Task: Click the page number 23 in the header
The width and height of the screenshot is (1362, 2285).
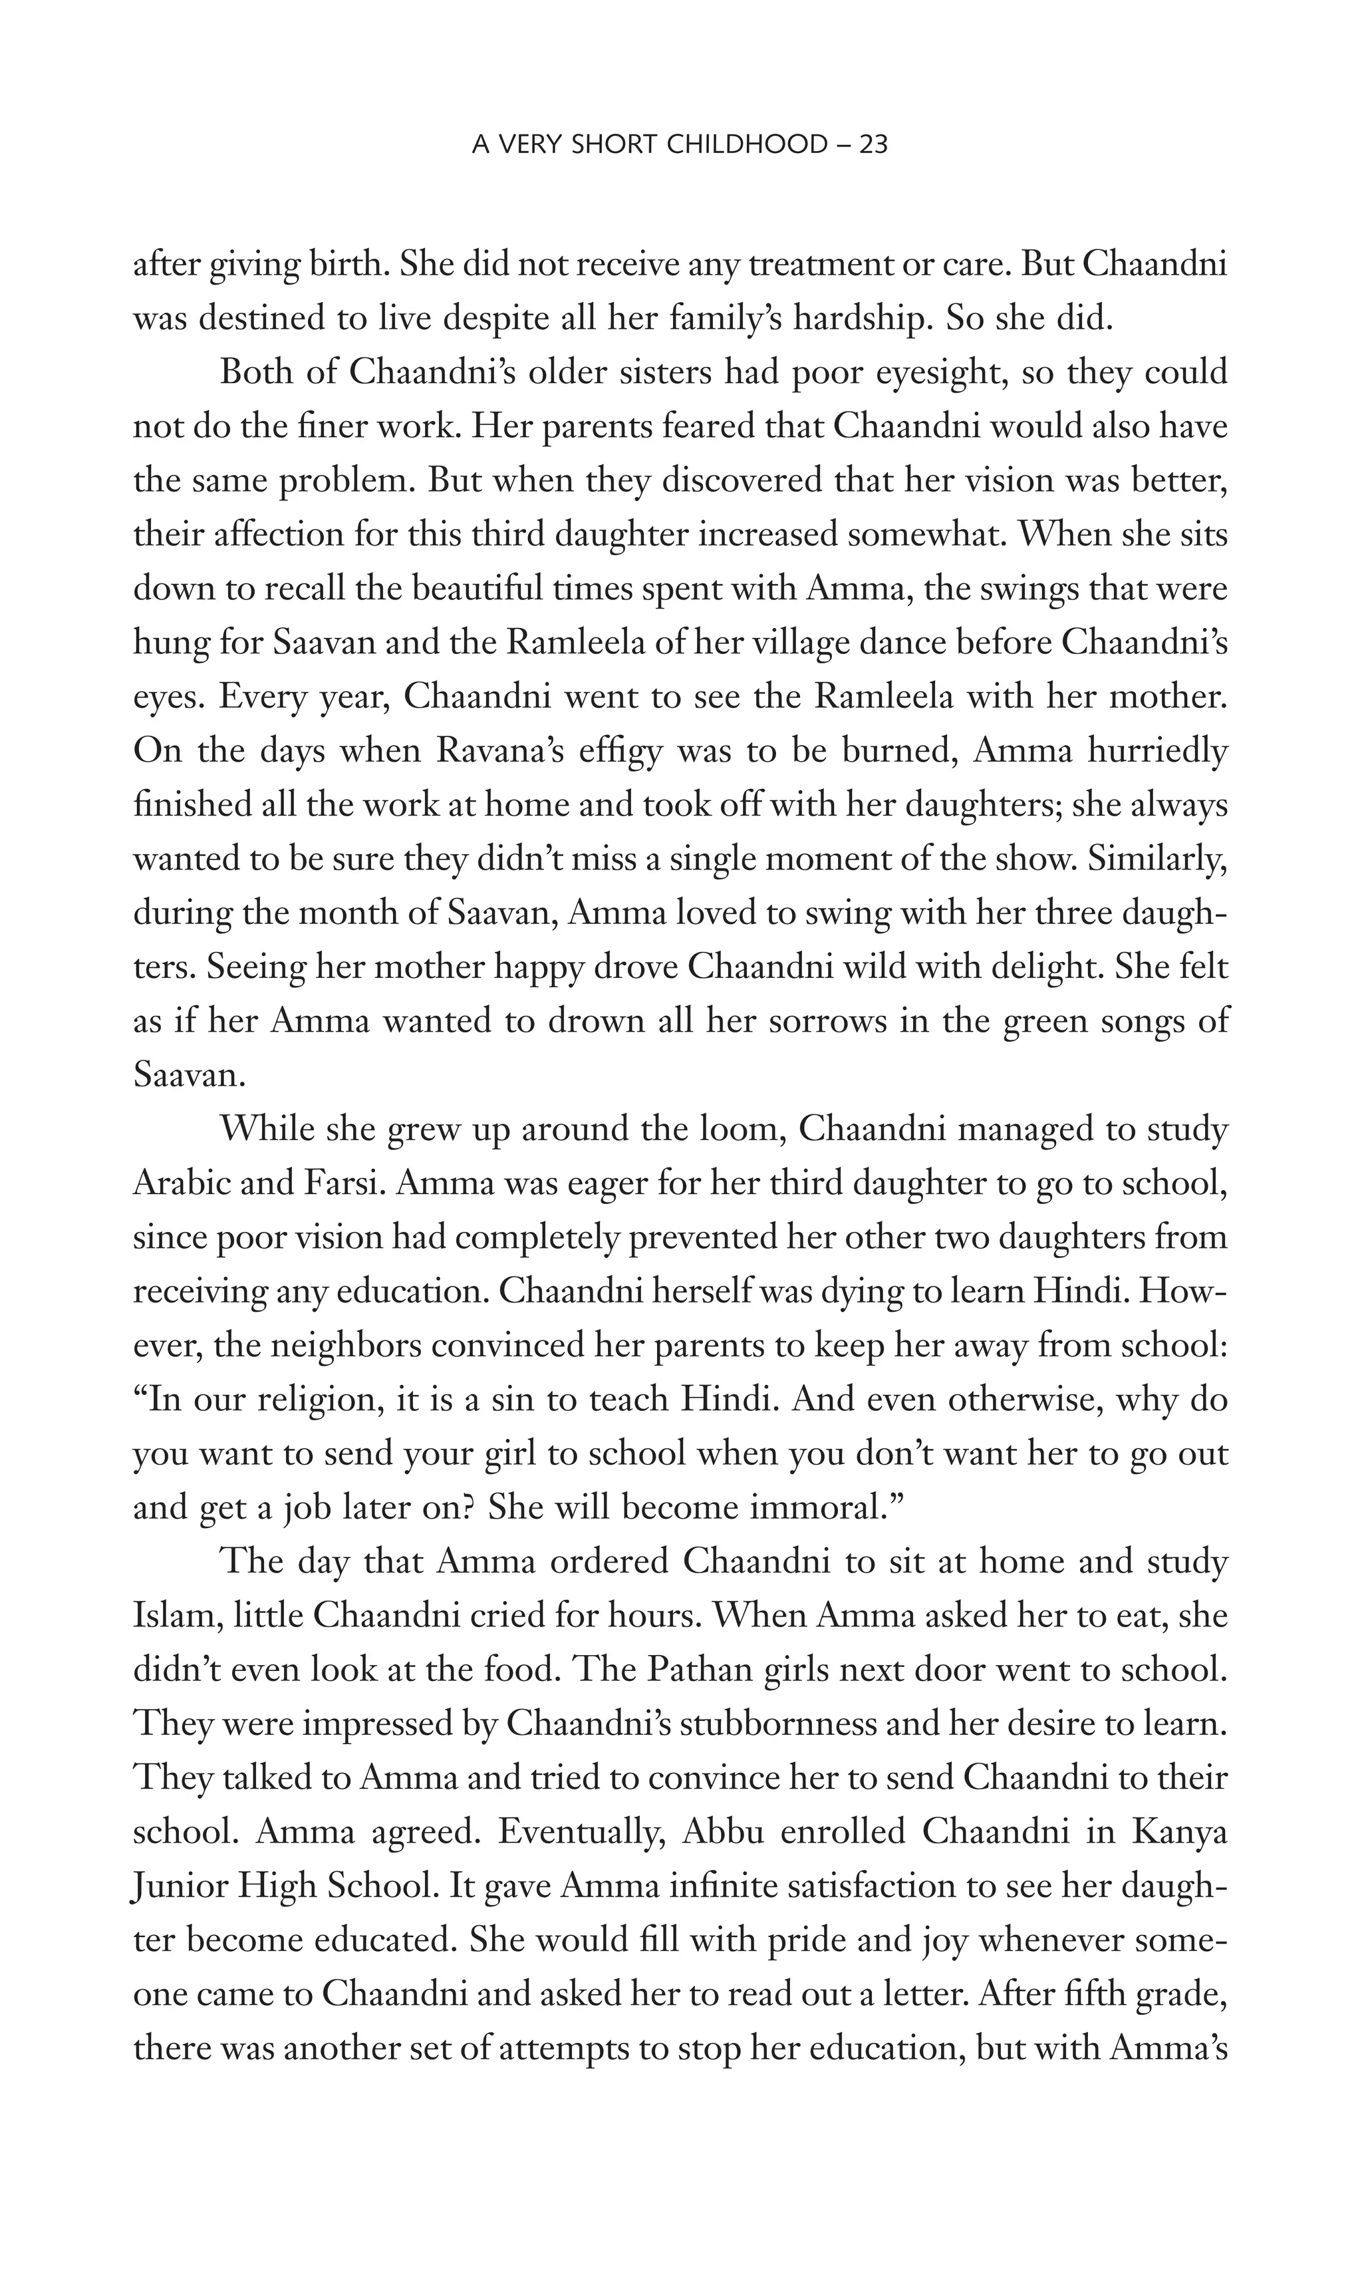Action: [873, 144]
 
